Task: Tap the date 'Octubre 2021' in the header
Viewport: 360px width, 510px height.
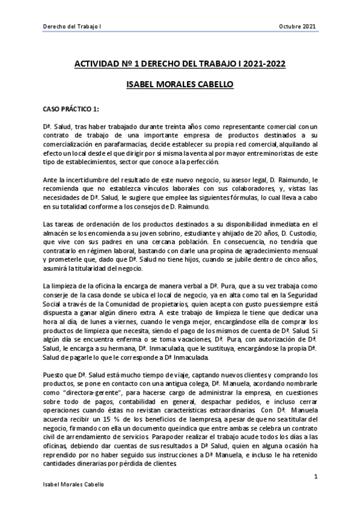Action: (x=298, y=26)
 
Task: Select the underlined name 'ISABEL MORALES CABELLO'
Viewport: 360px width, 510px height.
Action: (x=180, y=85)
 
